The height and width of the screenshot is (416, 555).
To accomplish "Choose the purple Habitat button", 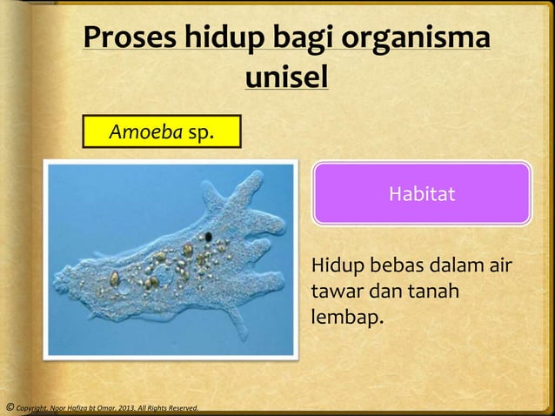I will point(422,193).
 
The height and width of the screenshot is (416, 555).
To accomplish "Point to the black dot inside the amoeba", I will point(209,236).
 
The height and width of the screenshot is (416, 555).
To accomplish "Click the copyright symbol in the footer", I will point(8,407).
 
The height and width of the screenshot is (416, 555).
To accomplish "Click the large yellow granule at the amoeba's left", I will point(115,278).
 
